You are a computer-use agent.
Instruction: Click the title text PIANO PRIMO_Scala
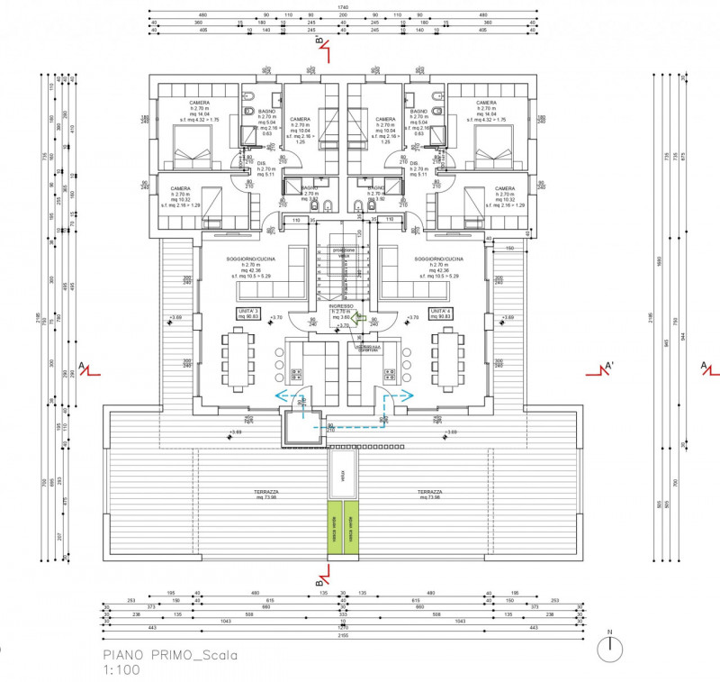click(170, 656)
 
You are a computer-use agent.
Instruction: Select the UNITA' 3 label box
click(248, 313)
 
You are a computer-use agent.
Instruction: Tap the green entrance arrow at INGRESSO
click(356, 316)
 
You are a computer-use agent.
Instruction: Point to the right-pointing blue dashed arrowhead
click(410, 395)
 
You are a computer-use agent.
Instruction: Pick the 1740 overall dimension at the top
click(343, 8)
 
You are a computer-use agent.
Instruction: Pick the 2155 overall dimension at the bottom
click(343, 636)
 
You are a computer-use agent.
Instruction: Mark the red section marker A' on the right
click(608, 367)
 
